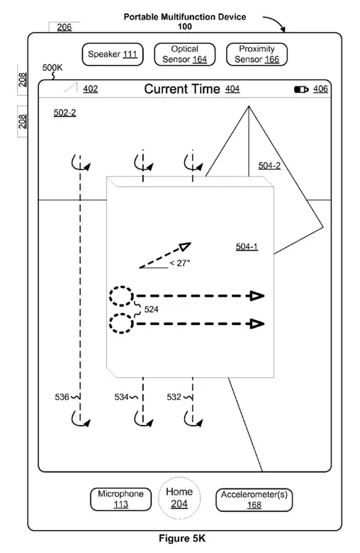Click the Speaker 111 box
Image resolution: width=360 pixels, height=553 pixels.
tap(113, 55)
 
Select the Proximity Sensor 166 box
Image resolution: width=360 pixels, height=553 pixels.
tap(257, 55)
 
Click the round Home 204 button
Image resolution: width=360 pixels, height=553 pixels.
tap(179, 498)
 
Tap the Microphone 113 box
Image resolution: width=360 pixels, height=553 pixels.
tap(120, 499)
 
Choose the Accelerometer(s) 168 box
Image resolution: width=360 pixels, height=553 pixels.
tap(254, 499)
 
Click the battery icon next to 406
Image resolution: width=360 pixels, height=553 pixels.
tap(301, 89)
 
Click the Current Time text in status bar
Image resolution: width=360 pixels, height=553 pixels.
tap(184, 89)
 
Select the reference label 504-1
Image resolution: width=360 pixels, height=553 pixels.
tap(247, 246)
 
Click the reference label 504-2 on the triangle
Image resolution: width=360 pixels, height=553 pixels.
tap(269, 166)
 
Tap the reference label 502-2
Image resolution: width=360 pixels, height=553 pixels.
tap(64, 113)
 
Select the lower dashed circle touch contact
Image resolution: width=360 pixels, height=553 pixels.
tap(121, 324)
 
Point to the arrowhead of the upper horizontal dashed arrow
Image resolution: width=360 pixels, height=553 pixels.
tap(257, 295)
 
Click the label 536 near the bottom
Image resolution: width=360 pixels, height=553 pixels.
tap(62, 397)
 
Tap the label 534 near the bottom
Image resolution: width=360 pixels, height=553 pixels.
tap(122, 397)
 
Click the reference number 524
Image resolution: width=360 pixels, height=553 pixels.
tap(152, 309)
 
